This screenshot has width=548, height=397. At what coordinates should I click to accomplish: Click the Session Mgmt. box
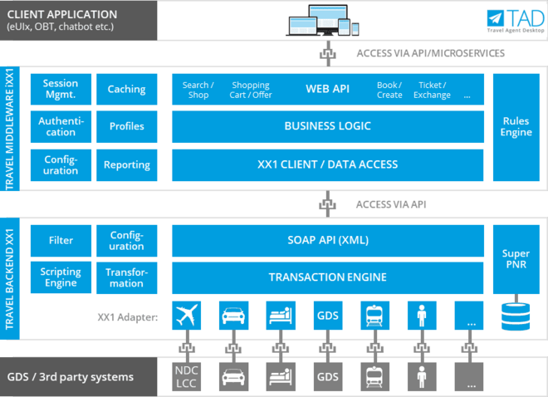pos(61,89)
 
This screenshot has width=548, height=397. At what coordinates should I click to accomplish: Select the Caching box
pos(126,89)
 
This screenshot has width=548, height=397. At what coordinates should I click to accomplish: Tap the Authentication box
pos(61,126)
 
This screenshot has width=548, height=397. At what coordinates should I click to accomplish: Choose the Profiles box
pos(126,126)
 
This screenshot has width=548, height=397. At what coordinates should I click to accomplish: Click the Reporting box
pos(126,164)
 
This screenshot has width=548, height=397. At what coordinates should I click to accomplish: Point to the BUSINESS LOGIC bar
pos(328,126)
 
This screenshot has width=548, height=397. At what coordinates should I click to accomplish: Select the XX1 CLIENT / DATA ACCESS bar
pos(328,164)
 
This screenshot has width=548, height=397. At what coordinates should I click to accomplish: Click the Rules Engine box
pos(516,126)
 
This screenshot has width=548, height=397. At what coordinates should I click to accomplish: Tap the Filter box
pos(61,240)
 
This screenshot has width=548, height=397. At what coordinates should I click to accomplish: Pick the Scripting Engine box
pos(61,277)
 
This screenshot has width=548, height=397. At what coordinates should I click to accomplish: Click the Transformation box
pos(126,277)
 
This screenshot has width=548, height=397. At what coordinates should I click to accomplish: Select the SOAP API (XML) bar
pos(328,240)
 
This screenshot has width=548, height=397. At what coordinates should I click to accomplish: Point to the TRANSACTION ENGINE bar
pos(328,277)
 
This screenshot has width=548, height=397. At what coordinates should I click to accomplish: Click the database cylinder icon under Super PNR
pos(516,316)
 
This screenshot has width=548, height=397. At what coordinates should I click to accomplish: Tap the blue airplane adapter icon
pos(187,316)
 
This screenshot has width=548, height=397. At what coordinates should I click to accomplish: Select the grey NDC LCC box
pos(187,375)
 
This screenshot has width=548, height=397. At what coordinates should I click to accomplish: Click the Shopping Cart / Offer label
pos(251,90)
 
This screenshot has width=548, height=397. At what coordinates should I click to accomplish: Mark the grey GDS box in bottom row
pos(327,375)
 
